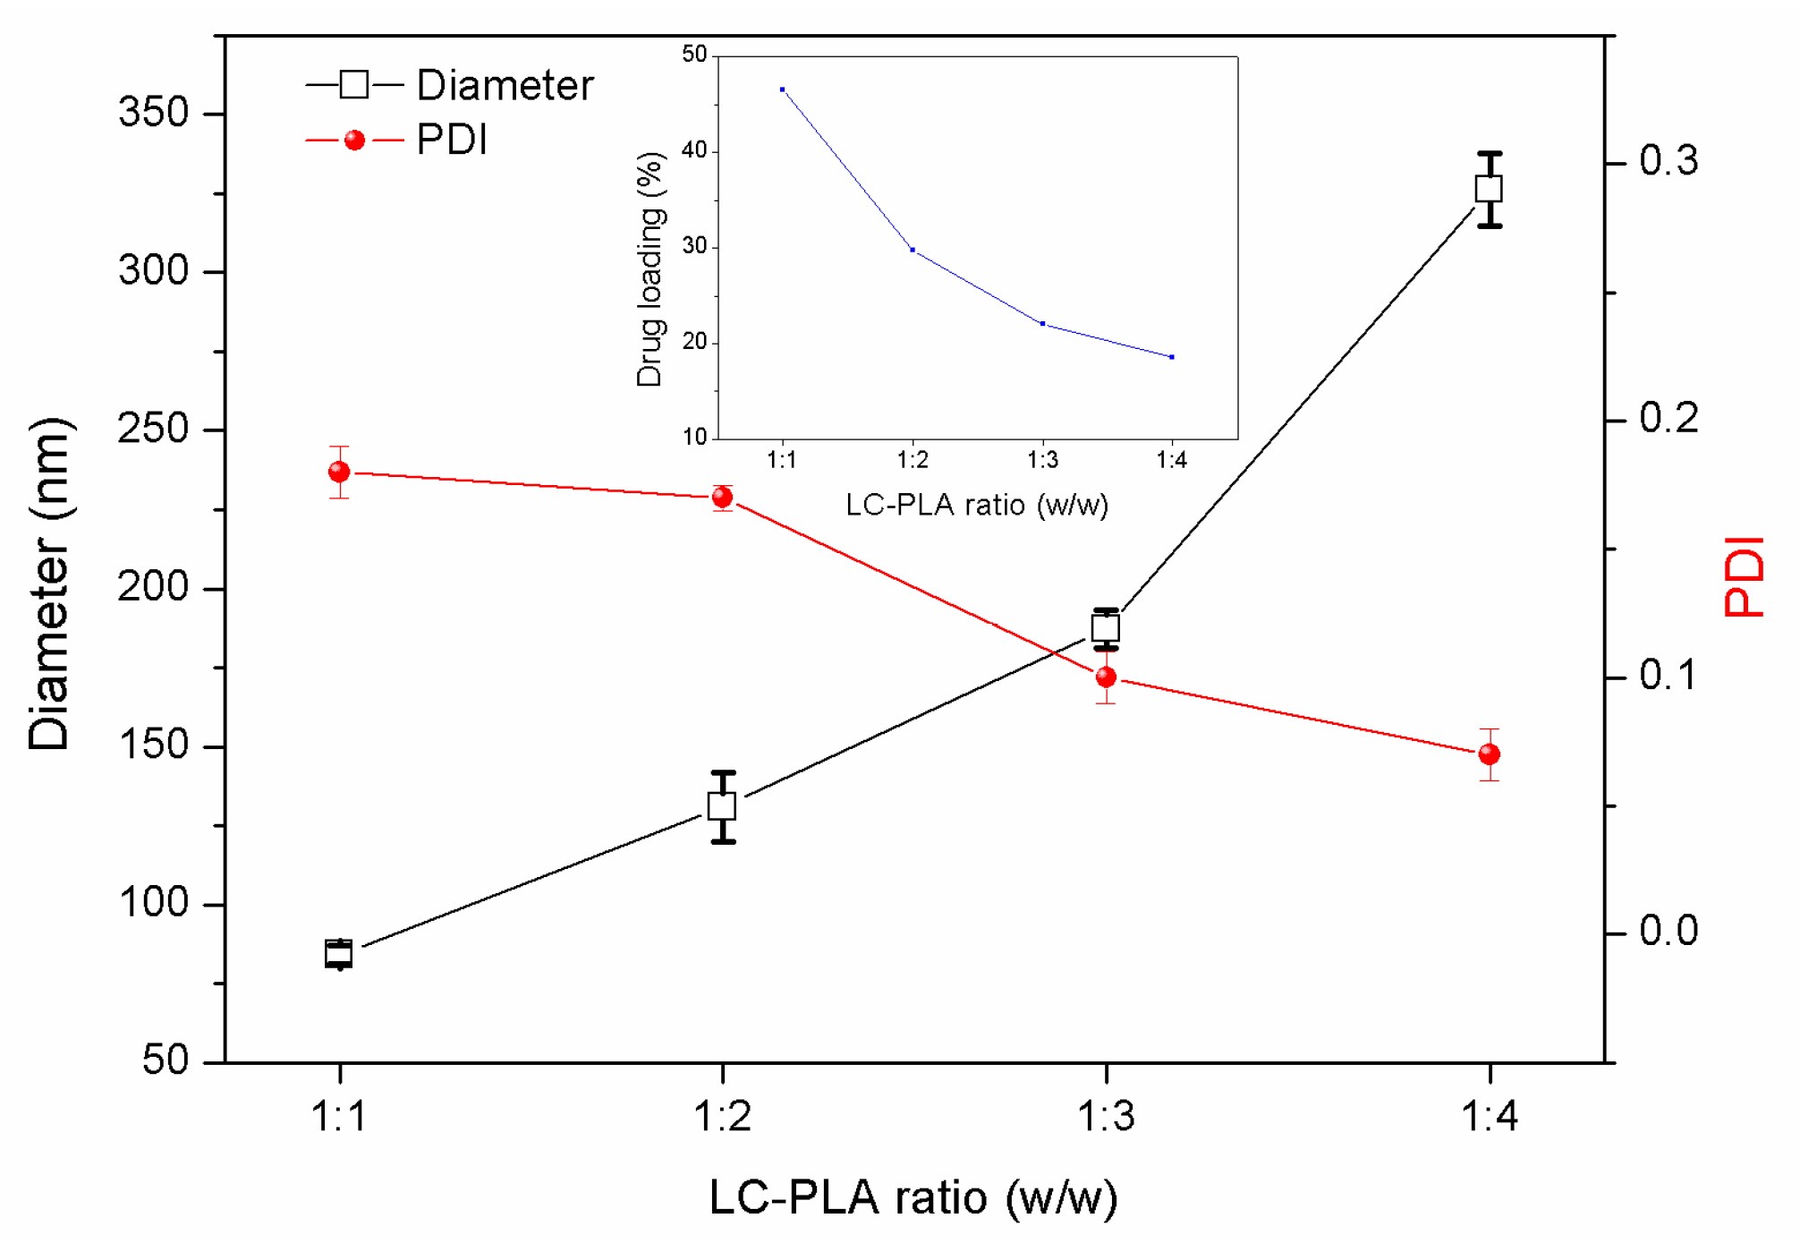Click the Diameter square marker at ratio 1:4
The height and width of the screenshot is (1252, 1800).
(x=1489, y=189)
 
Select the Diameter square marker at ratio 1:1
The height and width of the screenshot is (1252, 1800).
(x=338, y=954)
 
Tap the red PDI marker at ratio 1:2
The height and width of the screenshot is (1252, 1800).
(x=723, y=498)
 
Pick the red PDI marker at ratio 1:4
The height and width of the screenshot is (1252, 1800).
(x=1489, y=754)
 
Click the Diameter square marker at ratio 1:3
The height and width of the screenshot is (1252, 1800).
(x=1106, y=628)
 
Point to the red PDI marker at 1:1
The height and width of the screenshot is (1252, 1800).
(x=339, y=472)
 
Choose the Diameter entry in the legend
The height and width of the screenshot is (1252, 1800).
(x=504, y=86)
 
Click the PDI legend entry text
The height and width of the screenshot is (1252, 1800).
(x=452, y=141)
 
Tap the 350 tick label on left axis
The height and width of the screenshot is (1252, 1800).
(x=153, y=114)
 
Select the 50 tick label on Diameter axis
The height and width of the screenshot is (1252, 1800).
(x=166, y=1060)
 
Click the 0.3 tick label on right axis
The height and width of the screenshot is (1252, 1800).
(x=1668, y=162)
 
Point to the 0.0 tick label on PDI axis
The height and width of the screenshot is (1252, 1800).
(x=1668, y=932)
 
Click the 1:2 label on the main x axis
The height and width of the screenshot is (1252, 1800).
(x=723, y=1117)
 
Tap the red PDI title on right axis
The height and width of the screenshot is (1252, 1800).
(x=1744, y=577)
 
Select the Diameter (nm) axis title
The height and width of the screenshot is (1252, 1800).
(x=49, y=583)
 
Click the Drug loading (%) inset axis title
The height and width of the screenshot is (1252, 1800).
(x=650, y=268)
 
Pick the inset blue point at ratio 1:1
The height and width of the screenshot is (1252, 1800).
(x=782, y=89)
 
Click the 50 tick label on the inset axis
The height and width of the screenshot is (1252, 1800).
(x=694, y=55)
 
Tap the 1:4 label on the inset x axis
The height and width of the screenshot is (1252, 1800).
(x=1171, y=461)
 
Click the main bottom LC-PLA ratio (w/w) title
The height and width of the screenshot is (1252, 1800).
(x=913, y=1198)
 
